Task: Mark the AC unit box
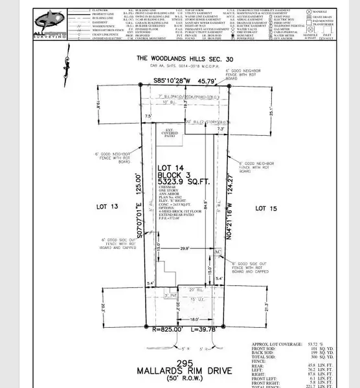tap(218, 251)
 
